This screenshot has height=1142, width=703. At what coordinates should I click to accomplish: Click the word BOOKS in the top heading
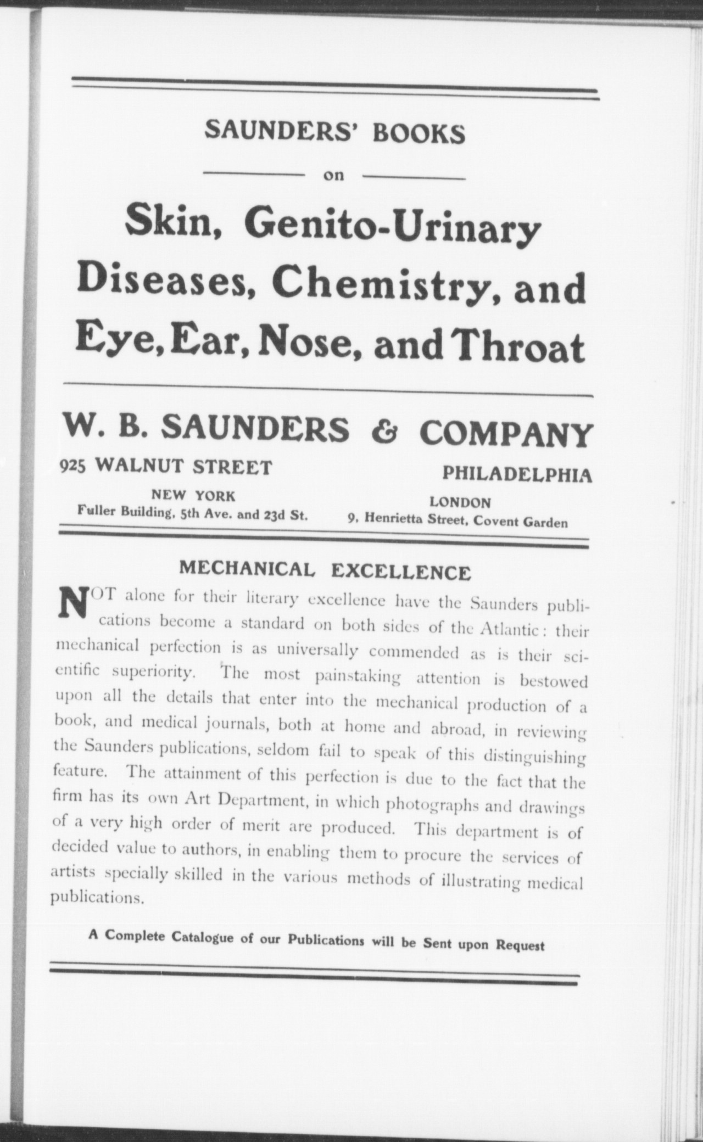tap(419, 133)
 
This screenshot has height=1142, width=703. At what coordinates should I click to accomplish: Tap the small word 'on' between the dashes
tap(333, 176)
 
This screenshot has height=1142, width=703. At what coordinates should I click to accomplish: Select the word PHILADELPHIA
tap(517, 474)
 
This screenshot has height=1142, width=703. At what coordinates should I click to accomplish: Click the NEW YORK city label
tap(193, 496)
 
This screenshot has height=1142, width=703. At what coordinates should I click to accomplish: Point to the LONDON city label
tap(460, 502)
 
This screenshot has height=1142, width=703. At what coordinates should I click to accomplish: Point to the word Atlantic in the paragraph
tap(508, 630)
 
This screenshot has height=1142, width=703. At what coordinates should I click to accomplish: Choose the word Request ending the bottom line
tap(520, 945)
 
